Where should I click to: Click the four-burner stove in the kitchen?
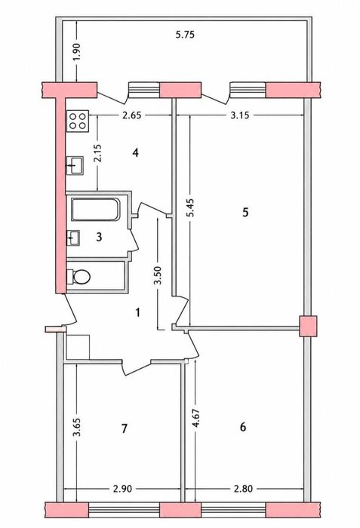pyautogui.click(x=78, y=121)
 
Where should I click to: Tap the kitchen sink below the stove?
pyautogui.click(x=75, y=165)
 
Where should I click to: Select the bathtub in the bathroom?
pyautogui.click(x=96, y=210)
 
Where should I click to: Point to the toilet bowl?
pyautogui.click(x=79, y=277)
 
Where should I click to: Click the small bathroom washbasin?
pyautogui.click(x=73, y=238)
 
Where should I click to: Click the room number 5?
pyautogui.click(x=245, y=213)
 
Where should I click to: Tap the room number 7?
pyautogui.click(x=125, y=428)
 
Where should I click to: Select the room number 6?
pyautogui.click(x=243, y=427)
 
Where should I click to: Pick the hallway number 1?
pyautogui.click(x=137, y=312)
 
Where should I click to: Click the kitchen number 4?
pyautogui.click(x=136, y=153)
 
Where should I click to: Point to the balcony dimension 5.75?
pyautogui.click(x=185, y=35)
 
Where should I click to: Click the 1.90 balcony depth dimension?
pyautogui.click(x=77, y=52)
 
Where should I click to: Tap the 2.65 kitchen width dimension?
pyautogui.click(x=131, y=115)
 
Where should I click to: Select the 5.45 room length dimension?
pyautogui.click(x=190, y=207)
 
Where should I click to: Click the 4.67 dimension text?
pyautogui.click(x=195, y=419)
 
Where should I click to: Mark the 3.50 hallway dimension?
pyautogui.click(x=158, y=275)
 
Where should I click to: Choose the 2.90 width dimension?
pyautogui.click(x=122, y=489)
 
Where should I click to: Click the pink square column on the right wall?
pyautogui.click(x=308, y=326)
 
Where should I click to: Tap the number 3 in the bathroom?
pyautogui.click(x=99, y=237)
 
